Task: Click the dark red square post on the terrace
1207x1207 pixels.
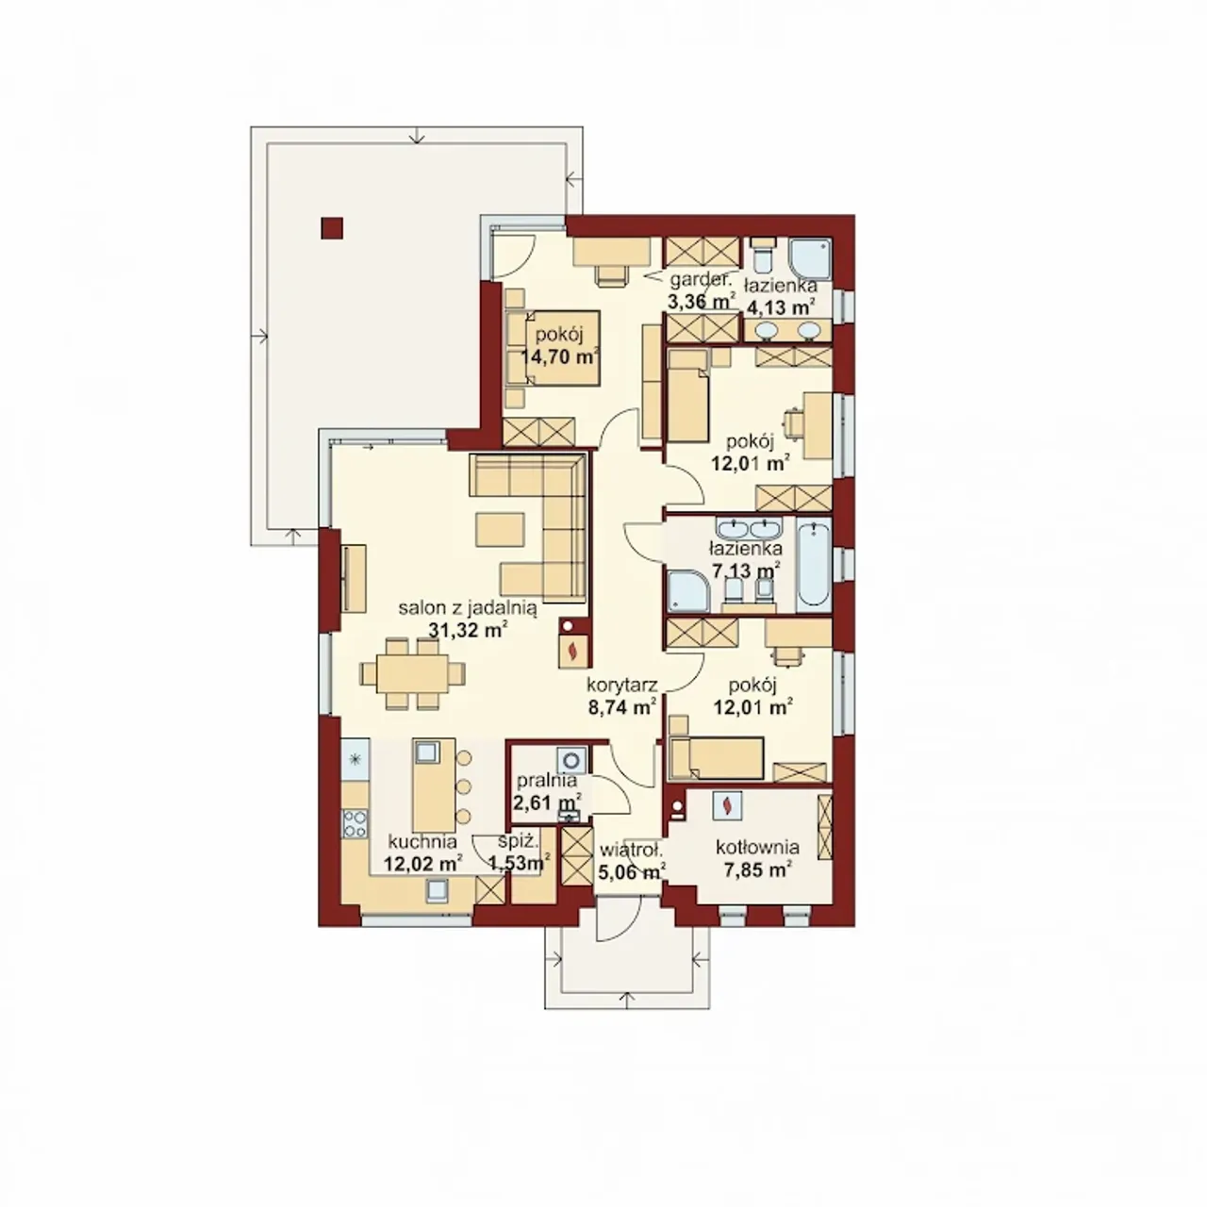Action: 332,228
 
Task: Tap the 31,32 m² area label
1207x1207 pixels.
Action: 468,630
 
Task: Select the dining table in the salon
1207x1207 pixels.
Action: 412,673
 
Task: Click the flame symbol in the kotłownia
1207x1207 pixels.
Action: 727,806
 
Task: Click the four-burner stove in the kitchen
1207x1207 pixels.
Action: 355,823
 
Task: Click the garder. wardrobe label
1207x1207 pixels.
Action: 701,281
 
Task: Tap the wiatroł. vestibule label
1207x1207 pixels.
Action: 631,851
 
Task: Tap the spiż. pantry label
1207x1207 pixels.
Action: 514,842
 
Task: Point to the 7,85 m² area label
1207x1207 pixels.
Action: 758,870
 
